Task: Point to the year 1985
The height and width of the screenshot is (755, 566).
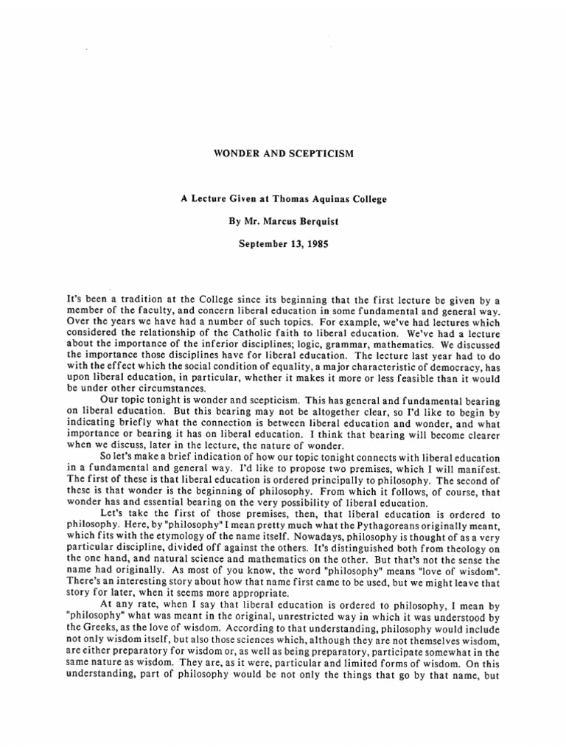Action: coord(325,240)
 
